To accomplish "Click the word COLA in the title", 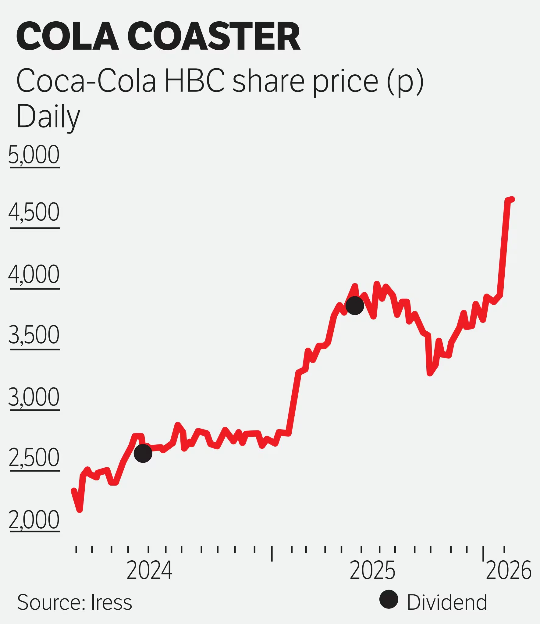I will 67,36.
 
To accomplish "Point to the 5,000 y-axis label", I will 34,155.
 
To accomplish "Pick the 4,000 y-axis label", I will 34,274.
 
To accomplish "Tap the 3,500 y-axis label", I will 34,335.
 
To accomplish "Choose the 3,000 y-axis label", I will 34,397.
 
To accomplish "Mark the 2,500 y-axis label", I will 34,457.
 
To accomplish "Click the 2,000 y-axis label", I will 34,519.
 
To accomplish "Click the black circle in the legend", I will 389,599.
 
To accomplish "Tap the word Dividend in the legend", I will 447,602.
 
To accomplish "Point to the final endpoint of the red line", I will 513,199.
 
